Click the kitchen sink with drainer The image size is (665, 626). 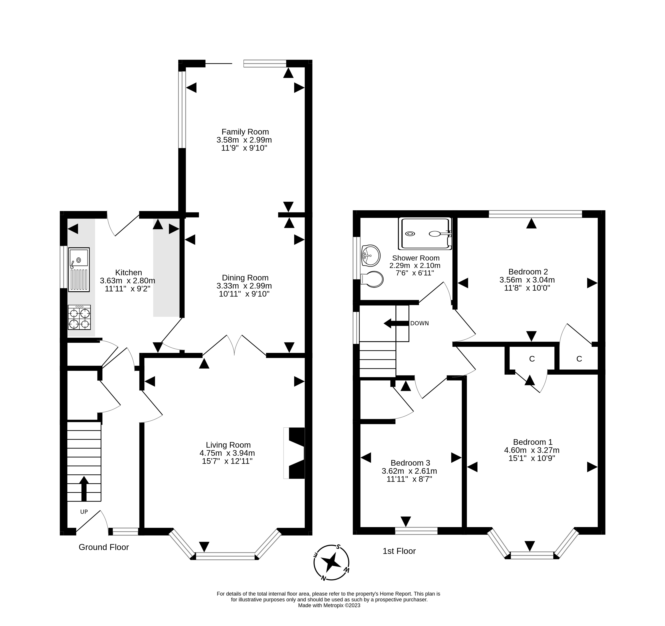click(x=79, y=270)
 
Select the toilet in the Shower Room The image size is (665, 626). click(x=372, y=279)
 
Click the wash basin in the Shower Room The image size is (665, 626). click(x=371, y=255)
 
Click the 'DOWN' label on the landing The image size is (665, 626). click(x=419, y=323)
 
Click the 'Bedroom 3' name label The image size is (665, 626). click(x=410, y=463)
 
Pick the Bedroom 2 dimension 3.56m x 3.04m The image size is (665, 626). click(x=527, y=280)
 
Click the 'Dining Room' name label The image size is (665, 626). click(x=245, y=278)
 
